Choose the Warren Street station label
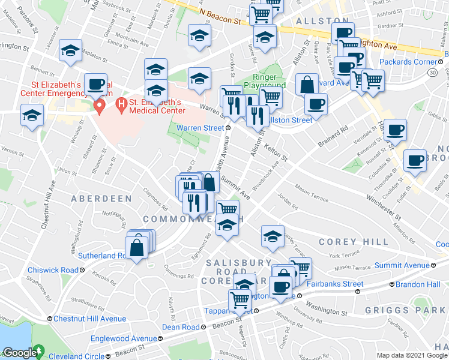point(199,127)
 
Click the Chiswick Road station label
point(52,270)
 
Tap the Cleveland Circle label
point(77,355)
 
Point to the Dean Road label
point(181,327)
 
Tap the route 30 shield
point(432,72)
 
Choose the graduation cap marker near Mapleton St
point(71,51)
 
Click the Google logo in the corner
point(20,353)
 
